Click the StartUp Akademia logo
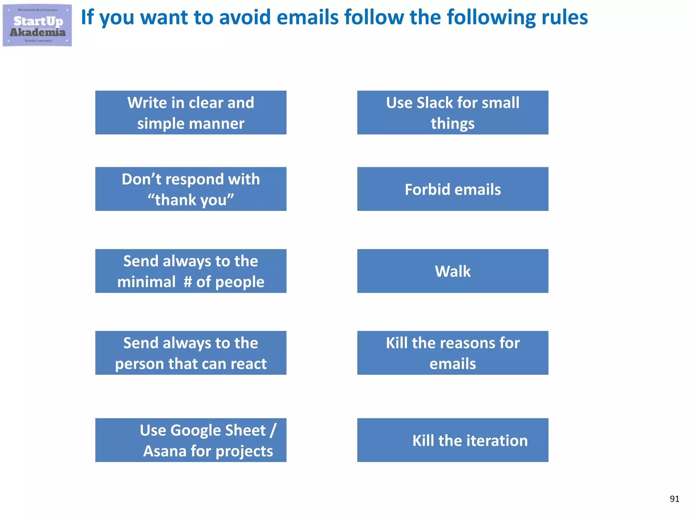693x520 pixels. point(37,25)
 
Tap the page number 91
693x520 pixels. point(674,499)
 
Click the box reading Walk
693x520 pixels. point(452,271)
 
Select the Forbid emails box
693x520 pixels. point(452,189)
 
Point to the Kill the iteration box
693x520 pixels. point(452,440)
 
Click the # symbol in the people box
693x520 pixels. point(188,282)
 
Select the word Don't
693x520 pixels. point(141,179)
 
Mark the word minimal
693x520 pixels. point(146,282)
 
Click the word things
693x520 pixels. point(452,124)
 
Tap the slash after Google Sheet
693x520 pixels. point(273,430)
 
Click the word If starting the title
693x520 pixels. point(87,17)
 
